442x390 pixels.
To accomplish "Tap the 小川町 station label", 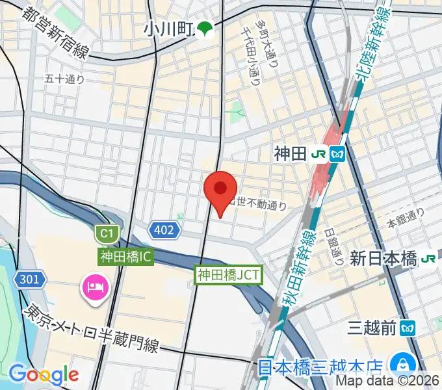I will [x=170, y=29].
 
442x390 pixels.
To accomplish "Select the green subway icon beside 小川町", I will [x=205, y=29].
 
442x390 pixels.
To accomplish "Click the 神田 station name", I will [x=289, y=154].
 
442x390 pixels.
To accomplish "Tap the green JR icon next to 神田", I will [x=319, y=154].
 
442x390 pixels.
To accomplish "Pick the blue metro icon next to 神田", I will [x=338, y=154].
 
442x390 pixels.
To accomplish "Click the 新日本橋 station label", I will [x=383, y=258].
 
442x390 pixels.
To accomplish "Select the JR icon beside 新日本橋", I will [x=428, y=258].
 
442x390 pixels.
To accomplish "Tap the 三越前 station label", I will [x=372, y=328].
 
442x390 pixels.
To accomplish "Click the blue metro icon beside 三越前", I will [x=408, y=328].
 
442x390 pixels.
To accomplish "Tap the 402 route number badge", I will [x=164, y=229].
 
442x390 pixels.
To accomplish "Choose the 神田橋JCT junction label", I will [x=229, y=275].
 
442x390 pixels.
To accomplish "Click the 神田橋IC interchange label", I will [x=125, y=257].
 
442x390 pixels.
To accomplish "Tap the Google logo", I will [x=43, y=374].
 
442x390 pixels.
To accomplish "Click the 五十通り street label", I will [x=65, y=79].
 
